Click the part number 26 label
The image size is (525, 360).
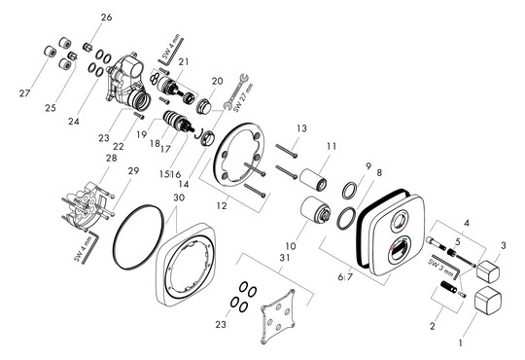107,18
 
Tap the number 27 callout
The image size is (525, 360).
24,93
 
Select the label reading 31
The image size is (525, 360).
285,258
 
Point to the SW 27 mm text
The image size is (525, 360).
243,97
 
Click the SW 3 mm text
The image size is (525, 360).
440,268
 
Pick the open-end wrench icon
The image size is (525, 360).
235,90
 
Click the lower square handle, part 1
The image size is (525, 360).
488,300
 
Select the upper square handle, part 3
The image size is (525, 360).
488,270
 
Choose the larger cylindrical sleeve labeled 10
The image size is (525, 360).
316,209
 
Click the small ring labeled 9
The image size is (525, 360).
350,190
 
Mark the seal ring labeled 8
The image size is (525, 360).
346,218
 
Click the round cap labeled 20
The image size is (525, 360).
204,106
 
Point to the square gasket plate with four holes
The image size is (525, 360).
279,316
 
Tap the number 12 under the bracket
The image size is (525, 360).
222,205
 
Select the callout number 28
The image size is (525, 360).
112,158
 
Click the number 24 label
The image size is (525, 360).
74,121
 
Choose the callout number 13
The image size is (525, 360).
301,128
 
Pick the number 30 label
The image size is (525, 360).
179,198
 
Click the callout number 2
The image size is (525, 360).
433,326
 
